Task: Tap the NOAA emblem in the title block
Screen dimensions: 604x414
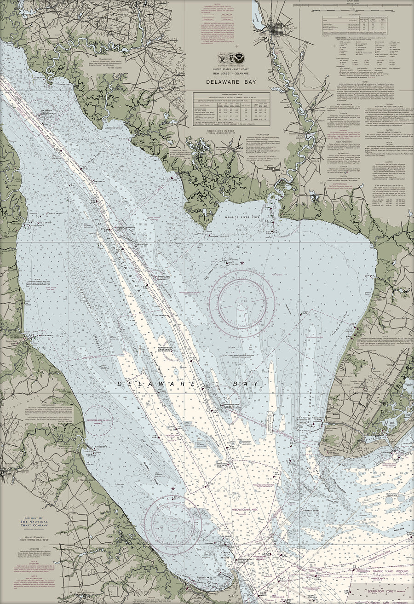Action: [239, 58]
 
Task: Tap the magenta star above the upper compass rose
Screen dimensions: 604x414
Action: [242, 263]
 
